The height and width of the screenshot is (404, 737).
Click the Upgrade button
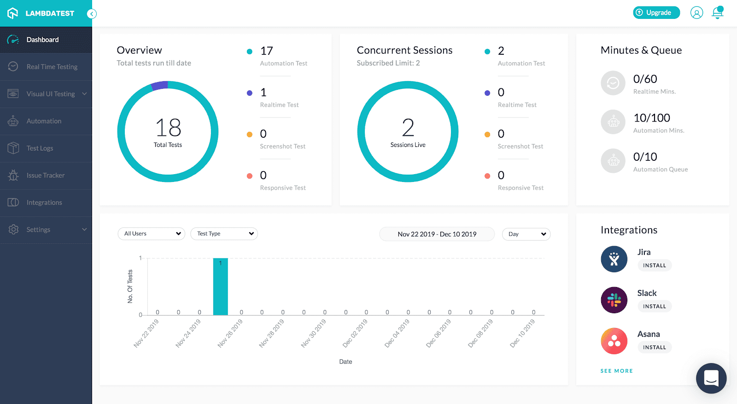656,12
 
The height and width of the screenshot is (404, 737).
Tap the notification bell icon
717,12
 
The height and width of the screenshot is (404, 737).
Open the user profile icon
696,12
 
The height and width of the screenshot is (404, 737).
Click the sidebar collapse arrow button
92,14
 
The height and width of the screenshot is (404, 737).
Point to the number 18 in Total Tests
168,128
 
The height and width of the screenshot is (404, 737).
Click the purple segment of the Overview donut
160,85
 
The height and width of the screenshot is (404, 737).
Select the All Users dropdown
152,234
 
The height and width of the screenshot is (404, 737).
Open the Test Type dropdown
224,234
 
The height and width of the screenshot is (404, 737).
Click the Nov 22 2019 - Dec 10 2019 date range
437,234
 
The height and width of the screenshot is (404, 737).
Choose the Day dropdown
526,234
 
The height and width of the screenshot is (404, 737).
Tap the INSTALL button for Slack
654,306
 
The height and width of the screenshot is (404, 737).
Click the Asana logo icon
614,341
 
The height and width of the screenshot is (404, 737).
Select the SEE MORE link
616,371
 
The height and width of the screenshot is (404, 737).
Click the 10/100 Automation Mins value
651,118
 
